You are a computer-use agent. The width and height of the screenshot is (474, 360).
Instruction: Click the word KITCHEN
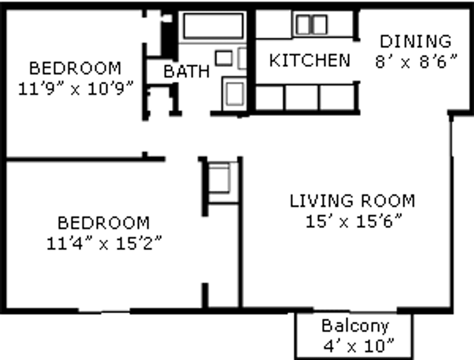pyautogui.click(x=310, y=60)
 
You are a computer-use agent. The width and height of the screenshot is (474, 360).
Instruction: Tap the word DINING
pyautogui.click(x=416, y=41)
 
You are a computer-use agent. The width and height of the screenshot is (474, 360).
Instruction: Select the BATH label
pyautogui.click(x=186, y=71)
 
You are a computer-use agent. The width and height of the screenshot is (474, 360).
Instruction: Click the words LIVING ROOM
pyautogui.click(x=352, y=201)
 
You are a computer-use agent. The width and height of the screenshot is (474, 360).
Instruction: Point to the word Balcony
pyautogui.click(x=355, y=326)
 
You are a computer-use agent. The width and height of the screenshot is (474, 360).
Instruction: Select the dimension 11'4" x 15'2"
pyautogui.click(x=104, y=244)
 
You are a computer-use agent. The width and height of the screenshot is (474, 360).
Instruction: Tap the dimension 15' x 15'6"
pyautogui.click(x=354, y=221)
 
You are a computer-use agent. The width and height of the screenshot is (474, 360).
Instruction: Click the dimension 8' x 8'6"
pyautogui.click(x=416, y=62)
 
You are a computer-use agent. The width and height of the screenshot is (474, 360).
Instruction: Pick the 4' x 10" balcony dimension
pyautogui.click(x=358, y=346)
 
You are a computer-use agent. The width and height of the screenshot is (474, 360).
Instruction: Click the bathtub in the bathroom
pyautogui.click(x=213, y=26)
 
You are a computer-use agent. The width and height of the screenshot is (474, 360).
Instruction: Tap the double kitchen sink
pyautogui.click(x=311, y=25)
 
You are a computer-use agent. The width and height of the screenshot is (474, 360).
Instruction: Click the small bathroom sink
pyautogui.click(x=223, y=58)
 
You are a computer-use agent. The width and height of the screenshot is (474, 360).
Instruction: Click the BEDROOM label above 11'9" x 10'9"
pyautogui.click(x=75, y=68)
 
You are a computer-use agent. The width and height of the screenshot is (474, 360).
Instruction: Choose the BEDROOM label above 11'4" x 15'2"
pyautogui.click(x=104, y=223)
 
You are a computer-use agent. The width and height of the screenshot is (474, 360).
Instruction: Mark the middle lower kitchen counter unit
pyautogui.click(x=302, y=97)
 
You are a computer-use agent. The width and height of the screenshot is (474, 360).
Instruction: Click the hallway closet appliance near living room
pyautogui.click(x=219, y=178)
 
